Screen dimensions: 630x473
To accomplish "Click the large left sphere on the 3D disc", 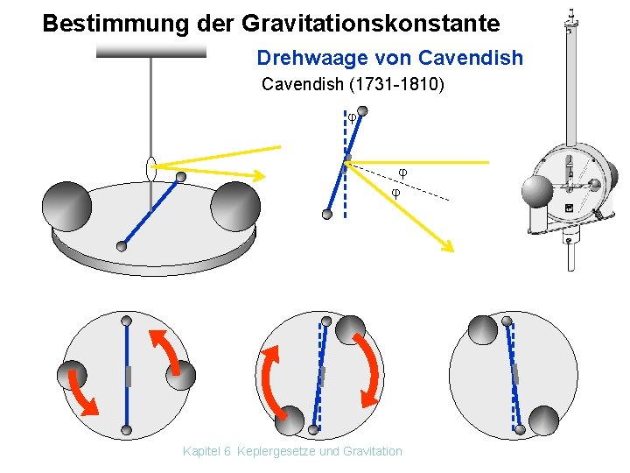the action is pyautogui.click(x=68, y=206).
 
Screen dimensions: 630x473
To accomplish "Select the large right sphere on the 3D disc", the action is pyautogui.click(x=235, y=207).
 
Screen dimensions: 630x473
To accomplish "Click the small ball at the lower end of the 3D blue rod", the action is pyautogui.click(x=122, y=246).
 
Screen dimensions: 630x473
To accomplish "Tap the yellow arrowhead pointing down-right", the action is pyautogui.click(x=446, y=245).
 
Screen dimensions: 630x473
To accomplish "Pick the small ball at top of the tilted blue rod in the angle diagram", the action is pyautogui.click(x=363, y=111).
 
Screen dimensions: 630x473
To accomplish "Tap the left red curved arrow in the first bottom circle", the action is pyautogui.click(x=83, y=392).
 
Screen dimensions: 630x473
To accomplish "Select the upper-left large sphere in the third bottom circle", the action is pyautogui.click(x=482, y=329).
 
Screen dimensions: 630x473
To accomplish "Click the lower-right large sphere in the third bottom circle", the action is pyautogui.click(x=542, y=420).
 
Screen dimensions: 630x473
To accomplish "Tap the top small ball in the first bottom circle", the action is pyautogui.click(x=127, y=321).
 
